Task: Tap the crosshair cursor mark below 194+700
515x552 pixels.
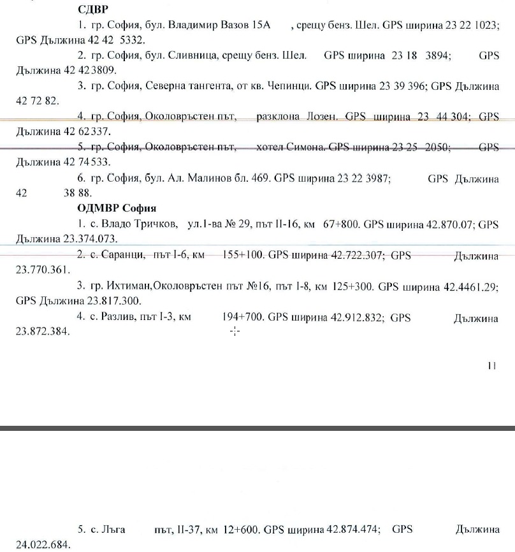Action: [x=234, y=331]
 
